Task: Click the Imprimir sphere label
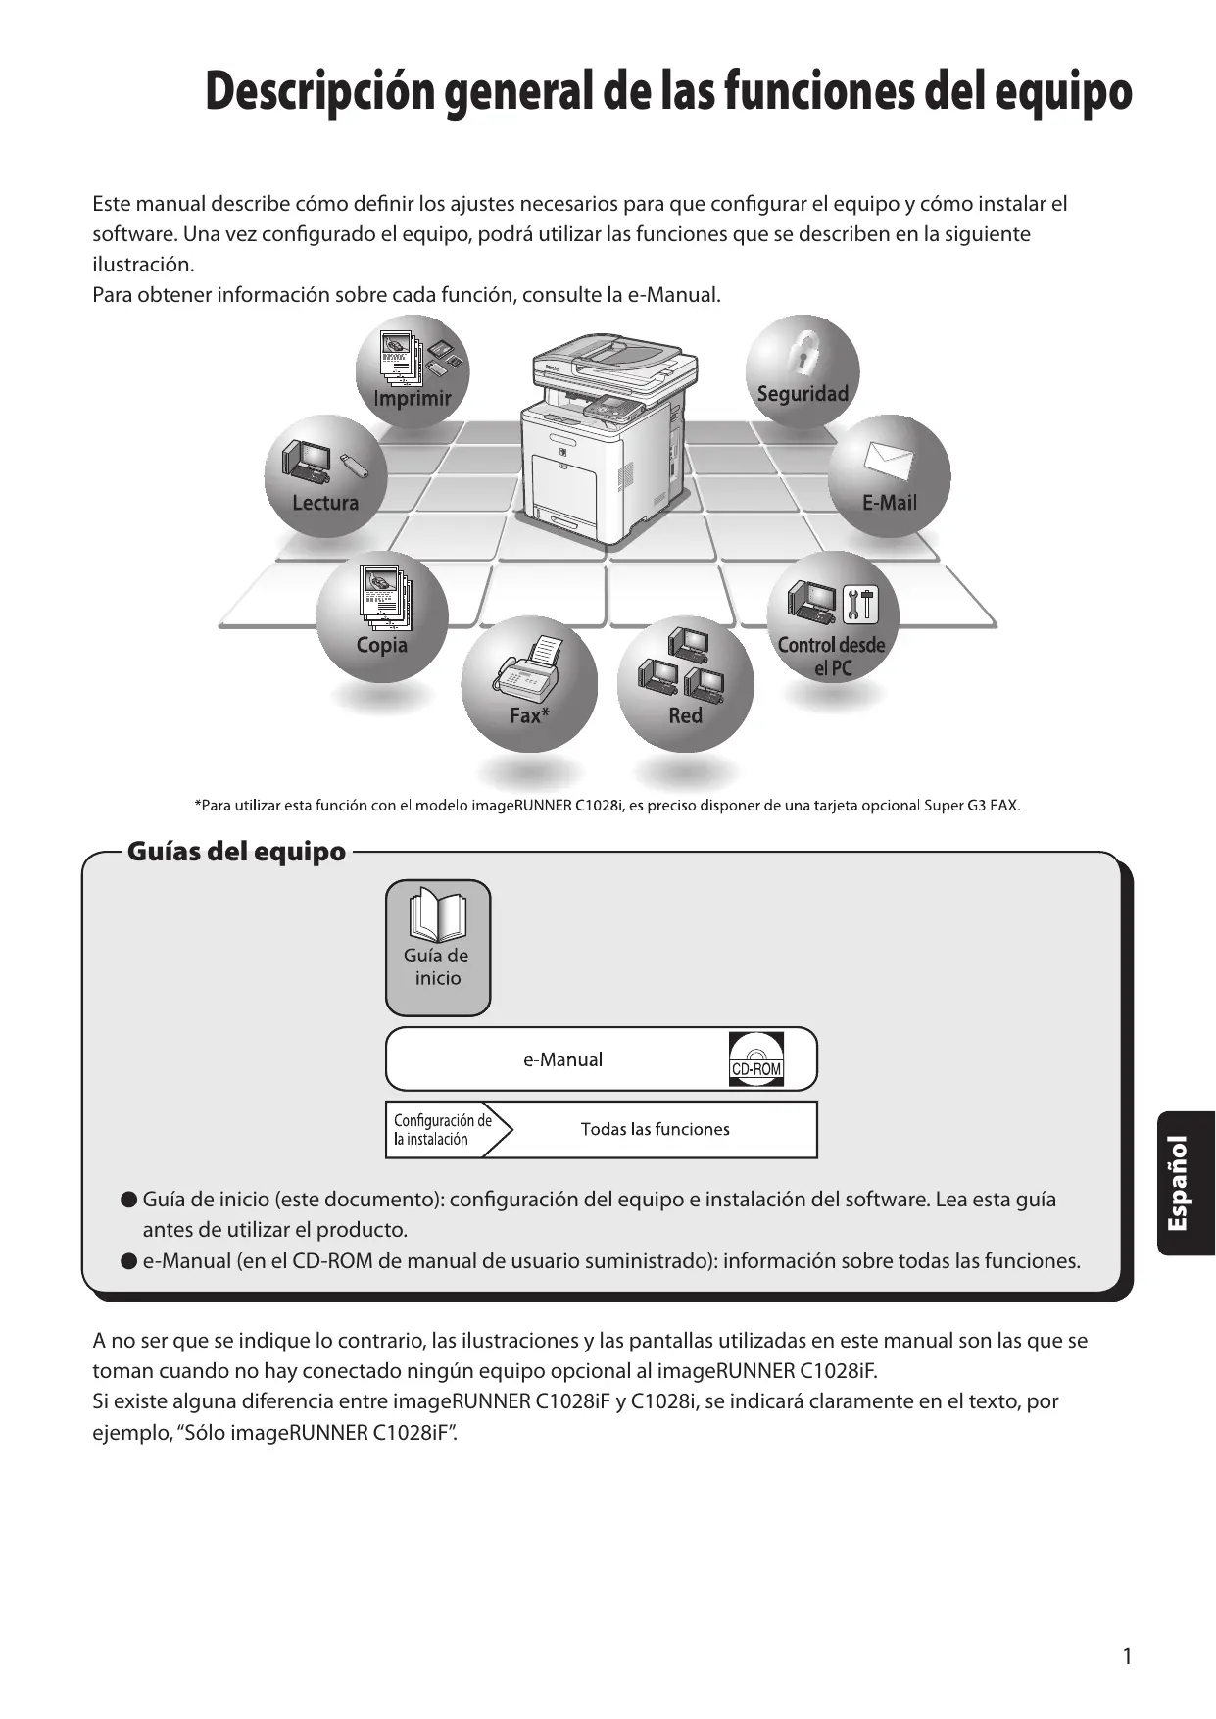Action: pyautogui.click(x=413, y=398)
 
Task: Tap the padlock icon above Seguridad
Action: pyautogui.click(x=803, y=349)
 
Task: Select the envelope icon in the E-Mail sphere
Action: pyautogui.click(x=889, y=460)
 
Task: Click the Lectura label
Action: pyautogui.click(x=325, y=503)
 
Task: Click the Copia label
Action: pyautogui.click(x=381, y=645)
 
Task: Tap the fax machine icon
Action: pyautogui.click(x=529, y=666)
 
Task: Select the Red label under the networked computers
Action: pyautogui.click(x=685, y=715)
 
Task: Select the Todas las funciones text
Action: pyautogui.click(x=655, y=1129)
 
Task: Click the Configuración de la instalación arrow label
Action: pyautogui.click(x=443, y=1129)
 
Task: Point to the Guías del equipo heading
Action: pyautogui.click(x=236, y=851)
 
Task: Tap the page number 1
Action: pyautogui.click(x=1127, y=1656)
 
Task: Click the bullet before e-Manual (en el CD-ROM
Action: pyautogui.click(x=127, y=1260)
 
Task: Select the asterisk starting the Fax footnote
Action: pyautogui.click(x=199, y=805)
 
